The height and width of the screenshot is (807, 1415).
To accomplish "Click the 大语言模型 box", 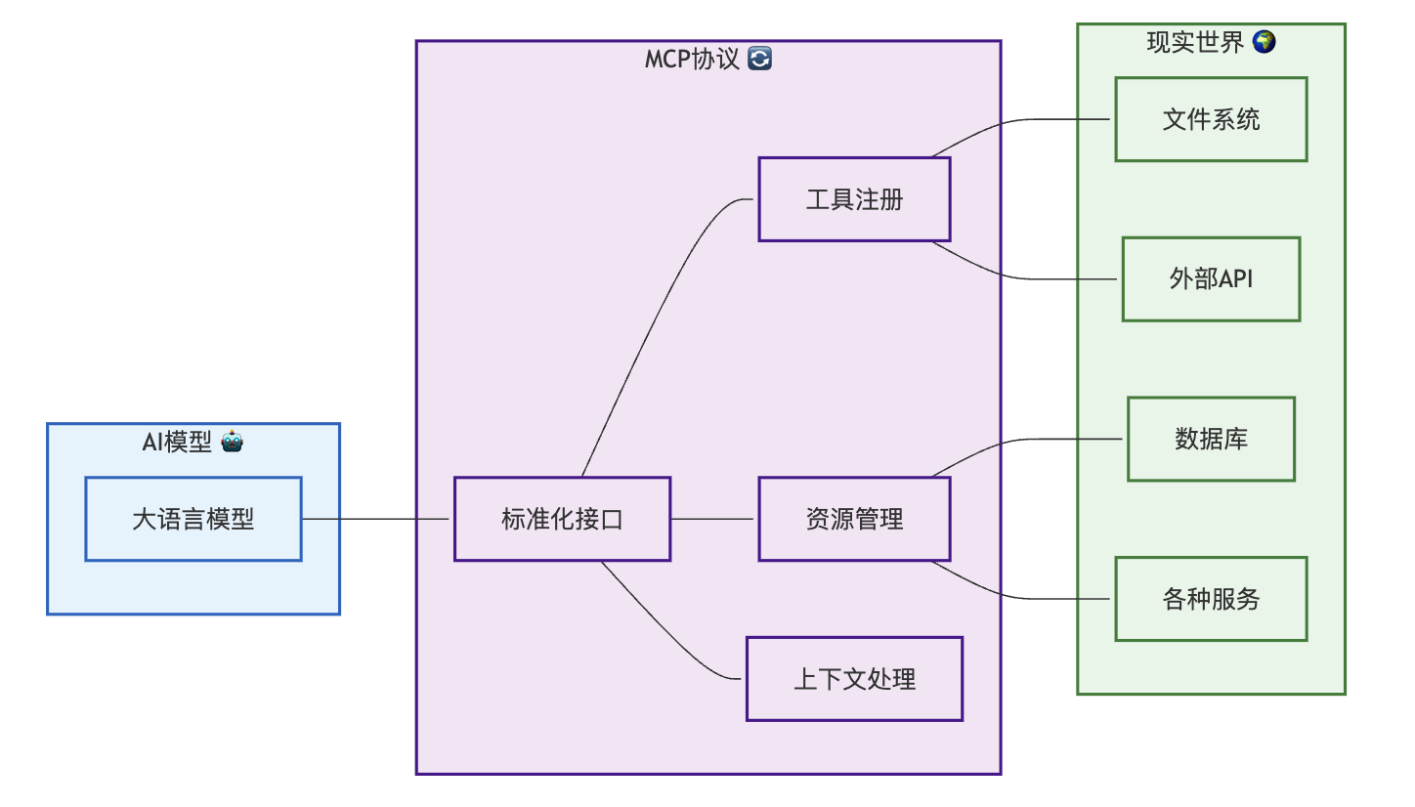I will tap(193, 519).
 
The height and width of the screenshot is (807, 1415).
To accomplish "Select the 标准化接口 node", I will tap(562, 519).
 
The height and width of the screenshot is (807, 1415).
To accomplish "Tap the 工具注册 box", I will tap(854, 200).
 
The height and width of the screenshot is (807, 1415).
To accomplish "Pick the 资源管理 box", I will tap(854, 519).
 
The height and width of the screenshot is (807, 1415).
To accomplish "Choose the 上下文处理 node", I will tap(854, 679).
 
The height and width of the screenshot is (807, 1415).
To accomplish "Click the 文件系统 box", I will tap(1211, 119).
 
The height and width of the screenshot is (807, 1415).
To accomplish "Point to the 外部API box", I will tap(1211, 279).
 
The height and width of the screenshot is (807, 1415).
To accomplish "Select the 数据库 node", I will tap(1211, 439).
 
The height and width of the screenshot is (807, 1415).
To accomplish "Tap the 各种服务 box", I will tap(1211, 599).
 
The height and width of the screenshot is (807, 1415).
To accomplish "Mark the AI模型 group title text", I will tap(177, 443).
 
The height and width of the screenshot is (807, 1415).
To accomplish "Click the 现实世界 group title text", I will tap(1195, 43).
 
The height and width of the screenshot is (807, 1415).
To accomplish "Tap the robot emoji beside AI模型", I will tap(232, 442).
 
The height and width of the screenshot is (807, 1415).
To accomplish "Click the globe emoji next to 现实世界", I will tap(1264, 42).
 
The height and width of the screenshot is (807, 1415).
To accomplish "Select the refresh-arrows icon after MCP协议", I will tap(759, 60).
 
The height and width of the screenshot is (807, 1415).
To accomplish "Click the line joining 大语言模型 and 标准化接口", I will tap(376, 519).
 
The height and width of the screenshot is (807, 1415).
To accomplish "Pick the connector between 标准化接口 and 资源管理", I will tap(713, 519).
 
